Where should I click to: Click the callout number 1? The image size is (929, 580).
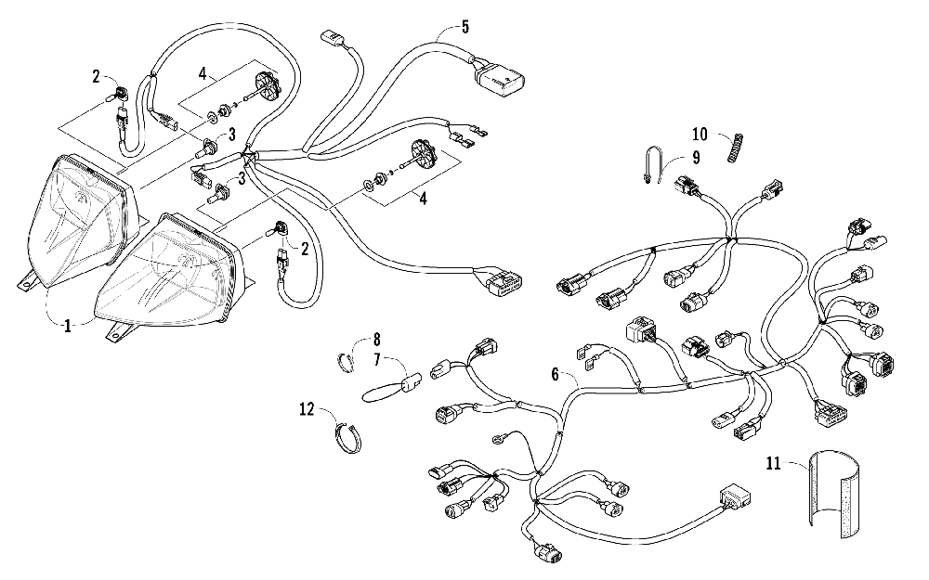67,325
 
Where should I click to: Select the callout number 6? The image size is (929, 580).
556,374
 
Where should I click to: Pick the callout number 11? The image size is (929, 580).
772,461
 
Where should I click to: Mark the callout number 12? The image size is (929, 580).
307,406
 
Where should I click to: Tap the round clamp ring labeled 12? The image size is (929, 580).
347,434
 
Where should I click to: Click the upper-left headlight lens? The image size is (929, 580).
82,213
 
